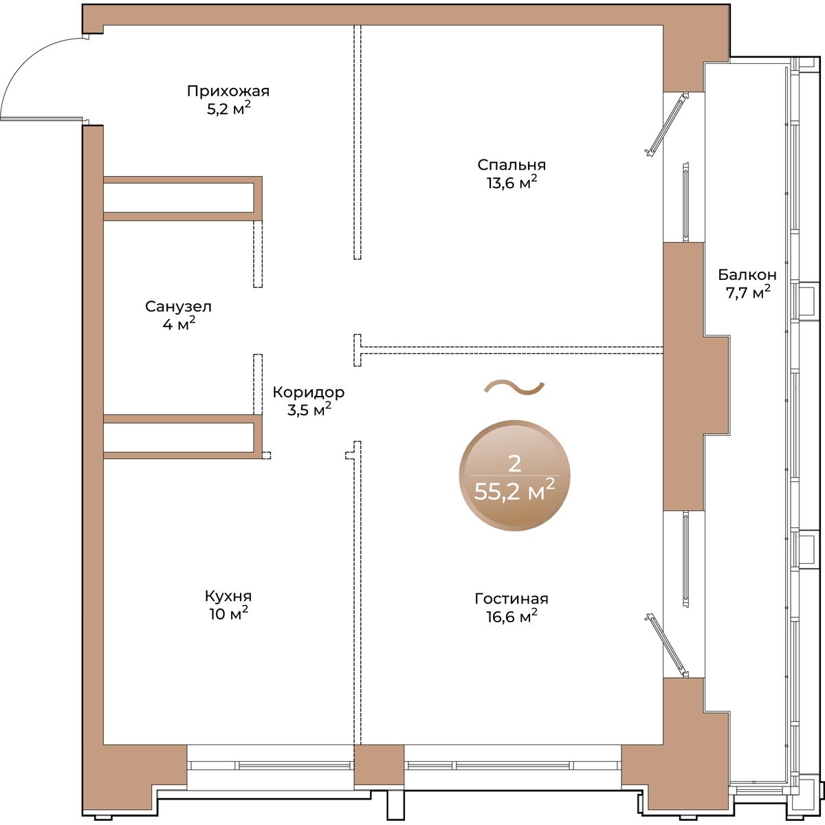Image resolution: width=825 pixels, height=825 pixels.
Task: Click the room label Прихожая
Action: click(228, 91)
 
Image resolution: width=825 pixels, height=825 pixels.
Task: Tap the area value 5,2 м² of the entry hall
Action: click(229, 109)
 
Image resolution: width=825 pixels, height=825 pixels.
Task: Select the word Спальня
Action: click(511, 165)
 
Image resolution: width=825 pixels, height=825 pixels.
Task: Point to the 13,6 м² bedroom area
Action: click(511, 183)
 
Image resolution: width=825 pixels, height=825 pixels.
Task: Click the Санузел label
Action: click(178, 307)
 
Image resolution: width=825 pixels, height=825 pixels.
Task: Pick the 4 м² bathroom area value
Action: click(179, 324)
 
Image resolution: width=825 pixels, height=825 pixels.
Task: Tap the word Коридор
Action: click(308, 392)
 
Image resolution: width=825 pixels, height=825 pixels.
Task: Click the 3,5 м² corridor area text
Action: click(309, 410)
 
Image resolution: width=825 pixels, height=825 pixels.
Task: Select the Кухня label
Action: click(228, 596)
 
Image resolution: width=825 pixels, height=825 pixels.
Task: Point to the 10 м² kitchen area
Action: click(229, 614)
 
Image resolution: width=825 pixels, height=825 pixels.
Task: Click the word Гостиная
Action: click(511, 599)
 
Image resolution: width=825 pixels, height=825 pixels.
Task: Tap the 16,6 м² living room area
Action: click(511, 617)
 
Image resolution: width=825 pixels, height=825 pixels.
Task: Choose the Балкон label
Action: click(747, 274)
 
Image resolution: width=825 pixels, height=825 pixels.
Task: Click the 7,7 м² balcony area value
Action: click(747, 292)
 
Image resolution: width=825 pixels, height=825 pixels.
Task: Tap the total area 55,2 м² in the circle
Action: click(515, 492)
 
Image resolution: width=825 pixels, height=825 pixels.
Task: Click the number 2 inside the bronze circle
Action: click(514, 463)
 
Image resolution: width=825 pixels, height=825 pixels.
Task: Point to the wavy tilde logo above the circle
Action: click(514, 387)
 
